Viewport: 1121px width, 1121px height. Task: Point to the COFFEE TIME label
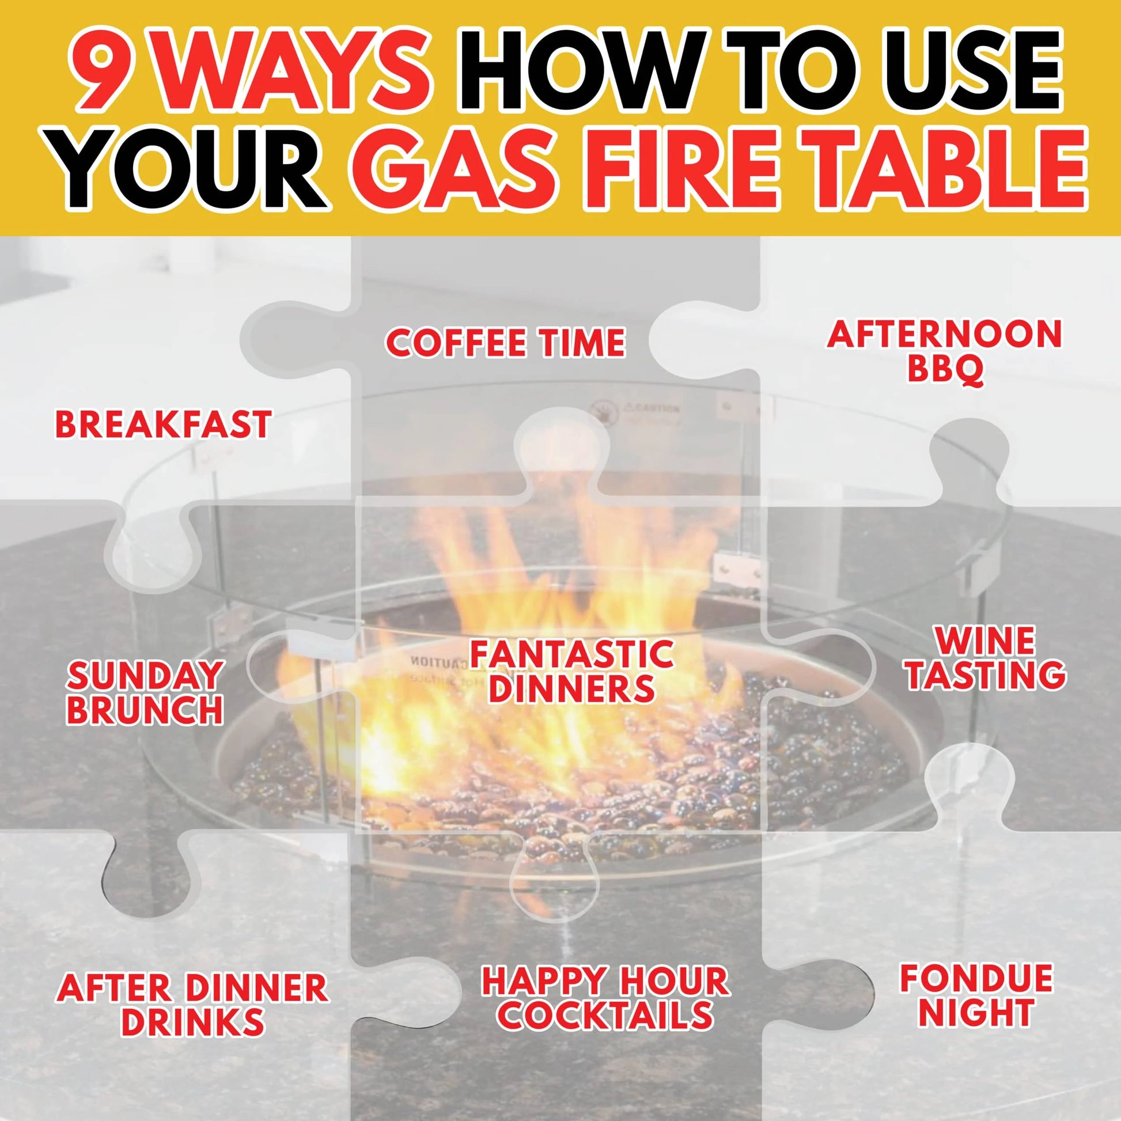point(505,343)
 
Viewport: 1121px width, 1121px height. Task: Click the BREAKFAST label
point(163,424)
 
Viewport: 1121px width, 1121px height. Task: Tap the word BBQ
point(945,370)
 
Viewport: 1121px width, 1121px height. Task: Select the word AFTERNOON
point(944,335)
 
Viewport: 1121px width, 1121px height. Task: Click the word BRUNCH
point(145,710)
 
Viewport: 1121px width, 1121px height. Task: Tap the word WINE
point(985,641)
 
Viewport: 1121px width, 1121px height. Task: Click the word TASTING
point(986,675)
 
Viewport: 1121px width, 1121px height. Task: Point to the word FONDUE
point(976,978)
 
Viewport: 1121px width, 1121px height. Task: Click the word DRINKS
point(192,1022)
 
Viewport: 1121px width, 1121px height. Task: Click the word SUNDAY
point(145,676)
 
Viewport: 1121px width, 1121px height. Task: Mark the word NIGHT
point(976,1013)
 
